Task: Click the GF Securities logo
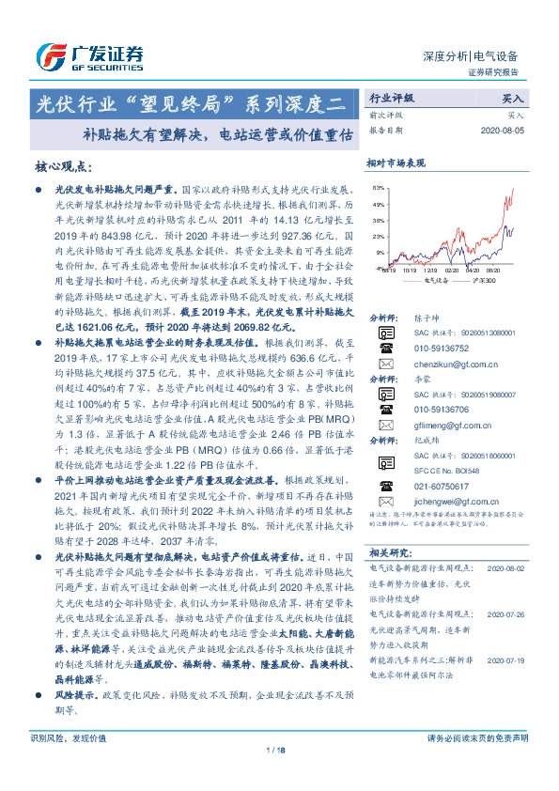[x=89, y=54]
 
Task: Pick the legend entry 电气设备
[x=436, y=279]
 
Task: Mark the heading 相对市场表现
[x=396, y=163]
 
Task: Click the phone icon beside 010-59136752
[x=383, y=345]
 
